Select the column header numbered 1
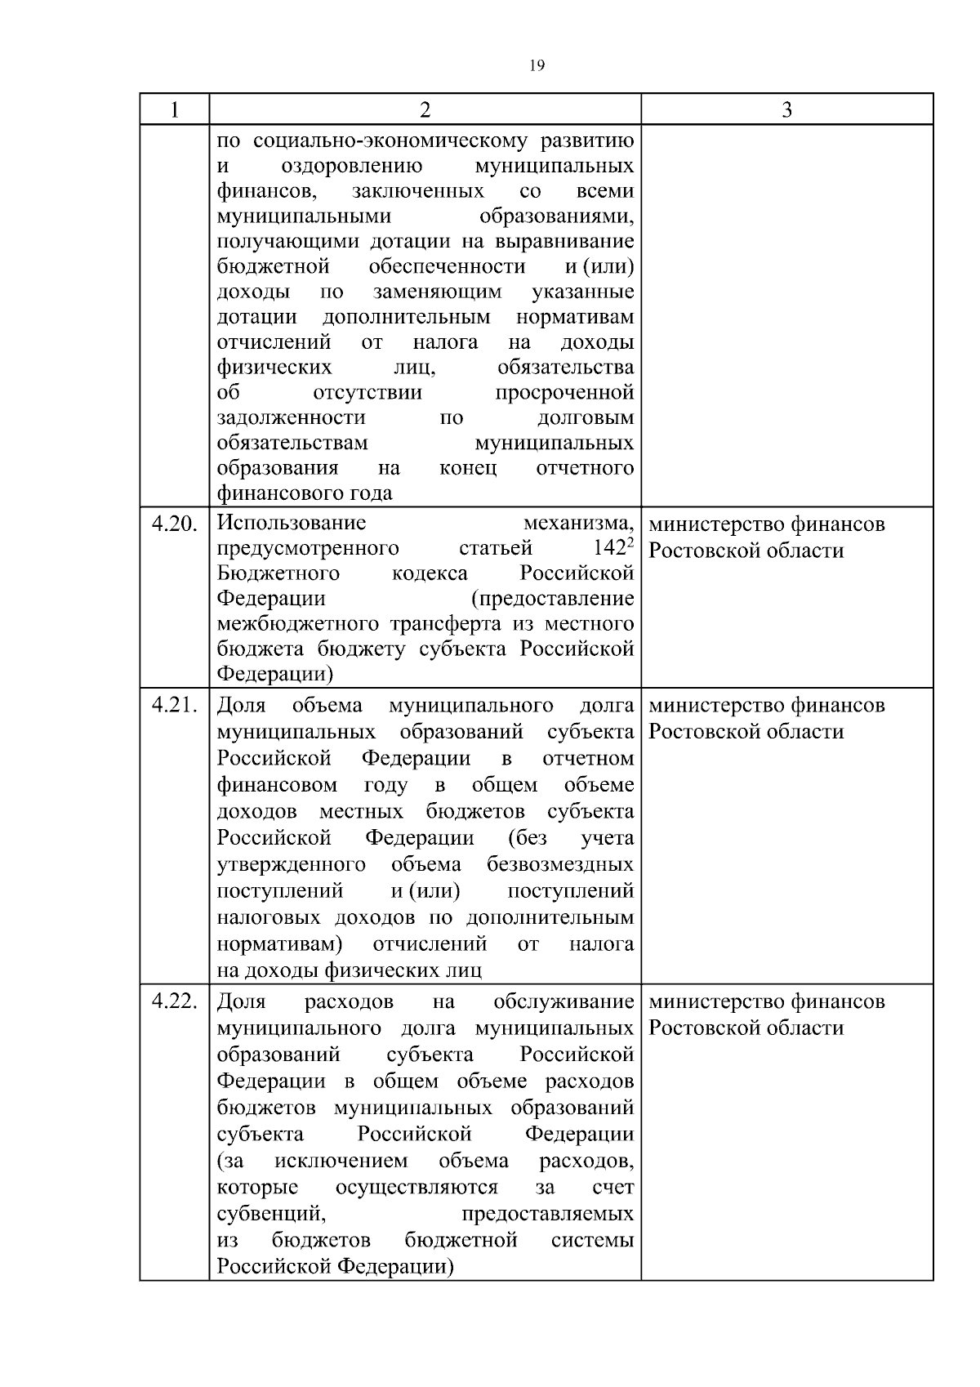[174, 109]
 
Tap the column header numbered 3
[786, 109]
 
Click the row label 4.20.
[175, 524]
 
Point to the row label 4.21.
[175, 705]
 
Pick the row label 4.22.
[175, 1001]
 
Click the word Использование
[292, 523]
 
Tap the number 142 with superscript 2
[613, 548]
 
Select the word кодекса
[430, 573]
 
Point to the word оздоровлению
[351, 167]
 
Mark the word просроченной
[564, 393]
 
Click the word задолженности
[291, 418]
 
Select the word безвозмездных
[560, 864]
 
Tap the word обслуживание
[563, 1001]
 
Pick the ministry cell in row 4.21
[766, 718]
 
